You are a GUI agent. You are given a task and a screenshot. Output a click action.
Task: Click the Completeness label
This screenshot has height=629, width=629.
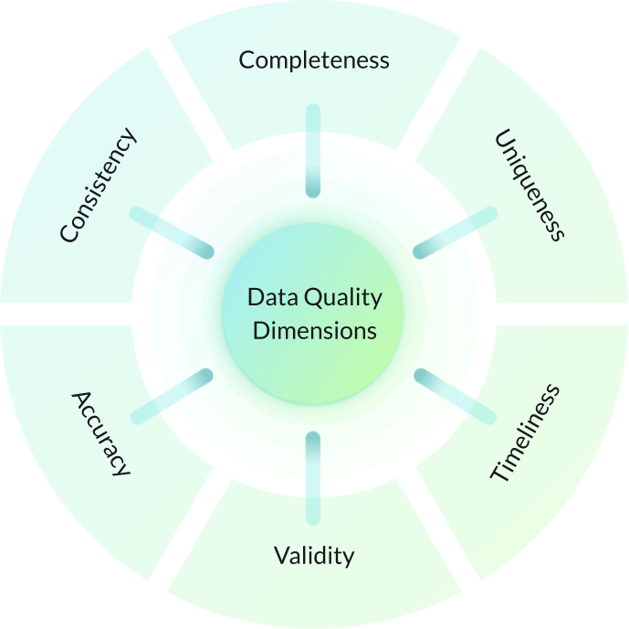point(314,60)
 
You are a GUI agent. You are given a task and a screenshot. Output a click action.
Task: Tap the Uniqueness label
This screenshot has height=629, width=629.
point(530,186)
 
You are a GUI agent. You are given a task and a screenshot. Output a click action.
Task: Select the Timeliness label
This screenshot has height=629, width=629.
point(525,433)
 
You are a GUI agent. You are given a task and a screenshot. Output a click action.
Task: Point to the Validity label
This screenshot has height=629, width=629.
point(314,555)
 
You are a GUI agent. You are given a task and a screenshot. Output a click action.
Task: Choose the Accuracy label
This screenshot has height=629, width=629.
point(101,433)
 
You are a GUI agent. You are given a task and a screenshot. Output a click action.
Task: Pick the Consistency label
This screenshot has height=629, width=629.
point(98,186)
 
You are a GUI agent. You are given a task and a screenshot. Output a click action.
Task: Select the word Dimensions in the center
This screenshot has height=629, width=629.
point(314,330)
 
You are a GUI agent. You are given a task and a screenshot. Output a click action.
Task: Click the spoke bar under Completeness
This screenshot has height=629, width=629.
point(313,151)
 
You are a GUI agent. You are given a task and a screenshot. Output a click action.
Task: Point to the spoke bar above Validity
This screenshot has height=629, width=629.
point(313,477)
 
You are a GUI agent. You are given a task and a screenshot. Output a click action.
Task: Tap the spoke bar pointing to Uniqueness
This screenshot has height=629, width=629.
point(456,233)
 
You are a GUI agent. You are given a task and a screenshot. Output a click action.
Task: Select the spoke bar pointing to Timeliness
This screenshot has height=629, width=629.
point(456,394)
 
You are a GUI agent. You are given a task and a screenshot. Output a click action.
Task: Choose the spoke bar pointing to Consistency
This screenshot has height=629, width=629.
point(172,232)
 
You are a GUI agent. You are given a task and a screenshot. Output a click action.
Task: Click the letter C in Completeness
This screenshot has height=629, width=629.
point(246,60)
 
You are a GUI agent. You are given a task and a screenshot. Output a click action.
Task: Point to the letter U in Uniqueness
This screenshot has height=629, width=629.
point(503,141)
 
